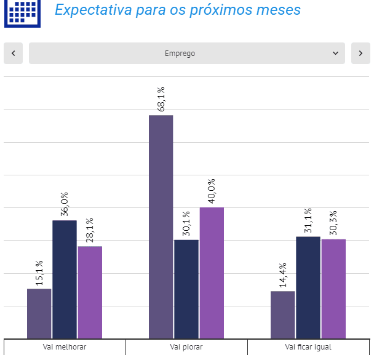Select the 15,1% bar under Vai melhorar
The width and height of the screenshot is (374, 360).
[39, 313]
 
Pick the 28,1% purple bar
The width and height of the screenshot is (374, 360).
[90, 292]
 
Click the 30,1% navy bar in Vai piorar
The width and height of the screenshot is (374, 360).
[186, 289]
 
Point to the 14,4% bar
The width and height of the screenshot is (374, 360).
[283, 314]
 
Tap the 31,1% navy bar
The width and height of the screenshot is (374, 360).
[308, 287]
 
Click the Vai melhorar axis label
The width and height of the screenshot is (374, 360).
[65, 347]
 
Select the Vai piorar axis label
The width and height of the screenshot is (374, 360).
[186, 347]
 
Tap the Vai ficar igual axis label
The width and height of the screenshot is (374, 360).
[308, 347]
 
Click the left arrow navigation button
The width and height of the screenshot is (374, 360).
[13, 54]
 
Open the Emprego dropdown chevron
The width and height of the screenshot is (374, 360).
[336, 54]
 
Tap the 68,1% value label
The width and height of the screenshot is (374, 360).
[161, 99]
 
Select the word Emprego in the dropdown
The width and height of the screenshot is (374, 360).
[180, 54]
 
